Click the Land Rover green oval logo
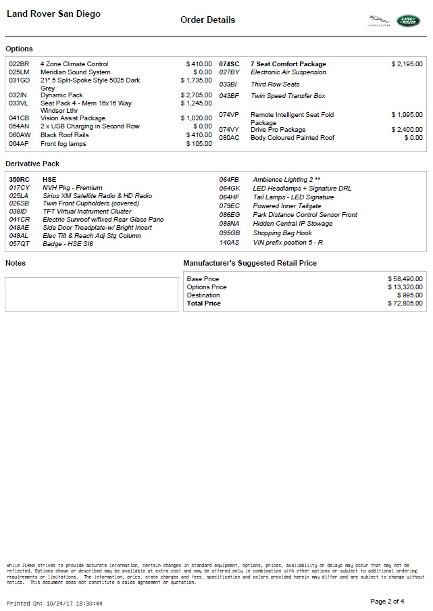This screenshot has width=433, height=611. [x=408, y=21]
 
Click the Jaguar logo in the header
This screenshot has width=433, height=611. [x=378, y=22]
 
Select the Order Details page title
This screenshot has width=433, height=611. [x=208, y=20]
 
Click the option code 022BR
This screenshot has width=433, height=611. [x=19, y=64]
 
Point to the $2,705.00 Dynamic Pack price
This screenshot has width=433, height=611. [x=197, y=95]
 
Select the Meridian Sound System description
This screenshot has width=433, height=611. [x=75, y=72]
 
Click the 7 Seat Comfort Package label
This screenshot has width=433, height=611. [x=288, y=64]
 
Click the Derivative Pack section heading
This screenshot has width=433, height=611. [x=32, y=164]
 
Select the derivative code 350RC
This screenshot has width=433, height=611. [x=20, y=180]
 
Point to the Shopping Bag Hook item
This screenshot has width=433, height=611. [x=282, y=233]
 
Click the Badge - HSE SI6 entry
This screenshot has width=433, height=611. [x=68, y=244]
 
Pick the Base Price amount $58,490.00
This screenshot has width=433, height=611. [x=405, y=278]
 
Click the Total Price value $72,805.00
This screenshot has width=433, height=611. [x=405, y=303]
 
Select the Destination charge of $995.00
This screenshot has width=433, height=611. [x=410, y=295]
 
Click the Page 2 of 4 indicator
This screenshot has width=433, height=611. [x=387, y=601]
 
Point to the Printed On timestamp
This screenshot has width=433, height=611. [x=55, y=603]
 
